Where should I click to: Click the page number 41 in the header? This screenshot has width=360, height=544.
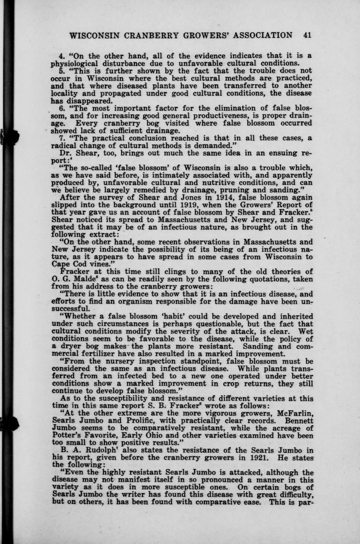308,35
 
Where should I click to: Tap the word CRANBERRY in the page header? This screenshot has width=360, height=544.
150,35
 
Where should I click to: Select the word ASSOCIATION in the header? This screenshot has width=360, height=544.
262,35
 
